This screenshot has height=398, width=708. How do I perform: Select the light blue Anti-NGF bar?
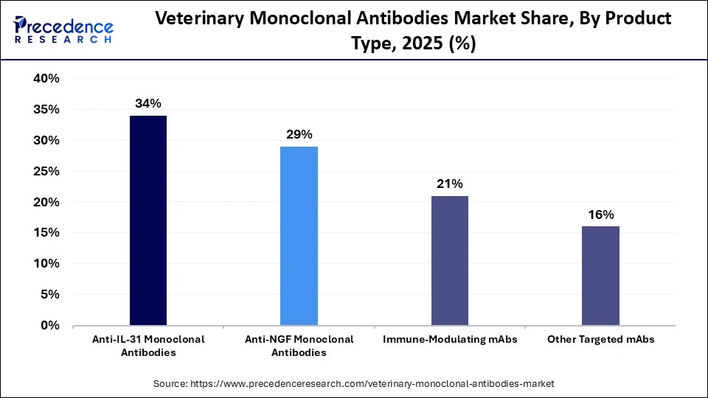[x=299, y=235]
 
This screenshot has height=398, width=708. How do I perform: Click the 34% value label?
[x=148, y=104]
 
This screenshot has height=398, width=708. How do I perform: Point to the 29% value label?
[x=299, y=135]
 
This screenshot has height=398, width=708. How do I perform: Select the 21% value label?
[x=450, y=184]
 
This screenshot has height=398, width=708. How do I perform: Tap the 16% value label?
[x=600, y=215]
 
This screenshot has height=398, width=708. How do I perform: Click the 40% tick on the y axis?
[x=46, y=79]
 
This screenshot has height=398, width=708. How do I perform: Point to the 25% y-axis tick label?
[x=46, y=171]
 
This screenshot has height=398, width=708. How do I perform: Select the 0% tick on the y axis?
[x=50, y=325]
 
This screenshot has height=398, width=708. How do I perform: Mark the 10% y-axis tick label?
[x=46, y=263]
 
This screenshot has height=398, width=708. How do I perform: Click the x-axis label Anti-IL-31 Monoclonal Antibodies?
[x=148, y=346]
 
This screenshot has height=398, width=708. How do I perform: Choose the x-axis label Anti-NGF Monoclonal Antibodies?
[x=299, y=346]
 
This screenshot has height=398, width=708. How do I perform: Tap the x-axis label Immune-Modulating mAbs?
[x=450, y=340]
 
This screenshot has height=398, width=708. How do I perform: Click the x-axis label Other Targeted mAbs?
[x=600, y=340]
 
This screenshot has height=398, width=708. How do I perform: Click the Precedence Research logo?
[x=63, y=29]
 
